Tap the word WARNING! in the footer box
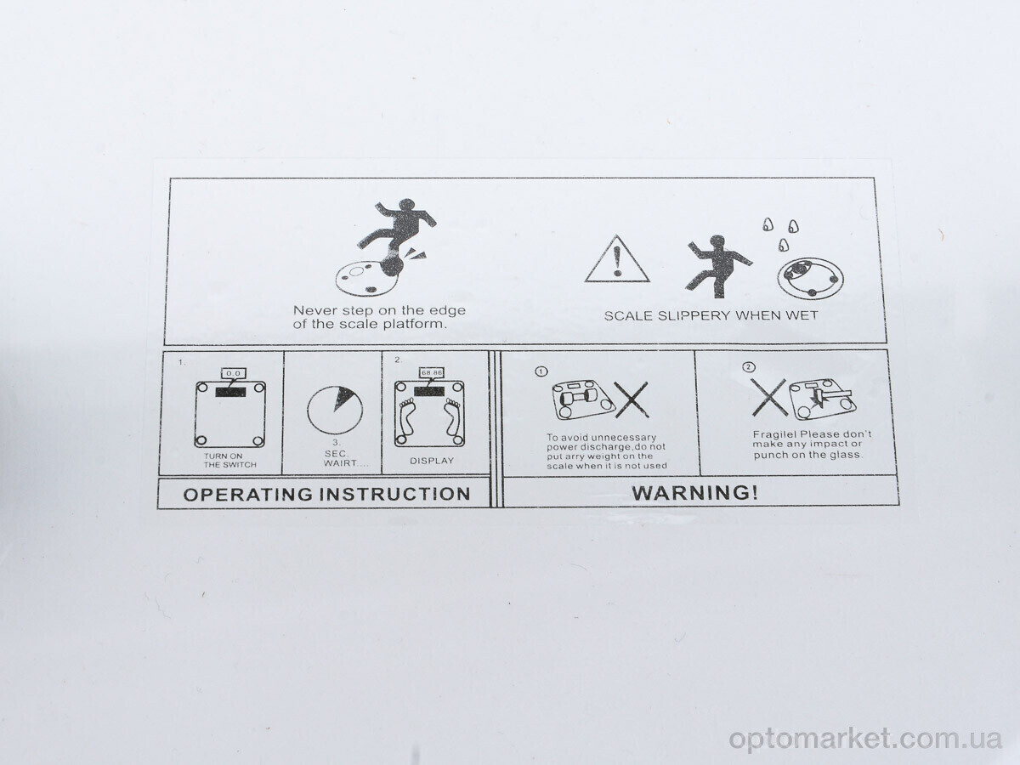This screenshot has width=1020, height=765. click(694, 492)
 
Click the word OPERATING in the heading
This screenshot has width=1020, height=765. click(248, 494)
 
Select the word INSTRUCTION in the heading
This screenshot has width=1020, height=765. click(395, 494)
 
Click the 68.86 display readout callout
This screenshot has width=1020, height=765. click(432, 372)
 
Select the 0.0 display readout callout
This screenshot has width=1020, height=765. click(233, 373)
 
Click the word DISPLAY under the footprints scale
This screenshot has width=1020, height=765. click(432, 461)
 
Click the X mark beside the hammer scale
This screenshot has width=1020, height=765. click(769, 398)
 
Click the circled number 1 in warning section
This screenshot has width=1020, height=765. click(541, 371)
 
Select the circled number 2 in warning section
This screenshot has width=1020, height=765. click(749, 367)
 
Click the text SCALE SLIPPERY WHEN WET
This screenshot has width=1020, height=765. click(711, 316)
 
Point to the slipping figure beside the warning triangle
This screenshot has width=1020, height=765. click(718, 267)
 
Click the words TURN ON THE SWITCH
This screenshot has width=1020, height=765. click(230, 461)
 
